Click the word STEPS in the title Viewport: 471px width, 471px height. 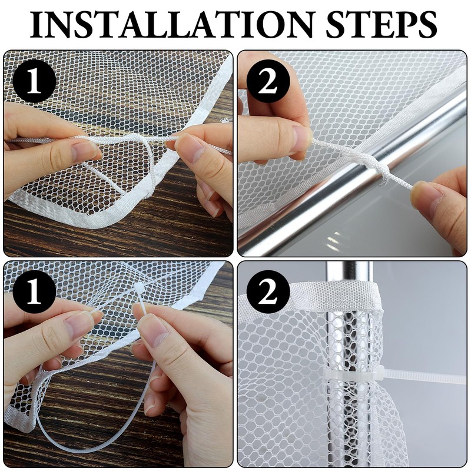tap(381, 24)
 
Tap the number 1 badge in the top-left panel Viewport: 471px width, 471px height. tap(34, 81)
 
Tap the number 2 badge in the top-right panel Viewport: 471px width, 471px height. tap(268, 81)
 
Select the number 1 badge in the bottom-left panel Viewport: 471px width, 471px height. tap(34, 291)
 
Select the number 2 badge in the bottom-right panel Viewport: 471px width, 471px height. tap(268, 291)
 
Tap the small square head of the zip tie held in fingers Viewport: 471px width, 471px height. tap(138, 288)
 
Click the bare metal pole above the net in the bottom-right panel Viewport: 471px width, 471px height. tap(349, 271)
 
